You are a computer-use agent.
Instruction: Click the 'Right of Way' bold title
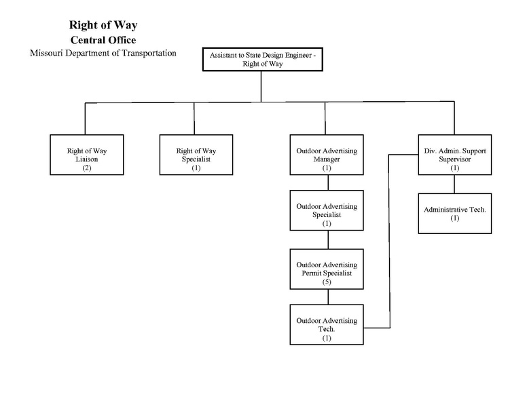tap(103, 25)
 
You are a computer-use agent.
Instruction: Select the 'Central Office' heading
tap(103, 40)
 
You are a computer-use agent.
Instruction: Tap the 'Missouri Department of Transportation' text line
tap(103, 53)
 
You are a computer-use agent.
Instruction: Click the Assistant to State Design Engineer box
tap(261, 59)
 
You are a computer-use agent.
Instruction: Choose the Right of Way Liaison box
tap(87, 155)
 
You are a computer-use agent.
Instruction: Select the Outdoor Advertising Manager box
tap(327, 155)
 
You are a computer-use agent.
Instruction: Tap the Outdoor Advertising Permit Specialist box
tap(327, 269)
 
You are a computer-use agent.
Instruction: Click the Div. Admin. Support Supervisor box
tap(454, 155)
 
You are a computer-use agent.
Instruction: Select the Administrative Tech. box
tap(454, 214)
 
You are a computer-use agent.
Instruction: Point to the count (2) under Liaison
tap(87, 167)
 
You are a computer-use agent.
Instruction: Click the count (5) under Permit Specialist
tap(327, 281)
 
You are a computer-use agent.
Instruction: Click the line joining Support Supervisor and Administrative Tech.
tap(454, 184)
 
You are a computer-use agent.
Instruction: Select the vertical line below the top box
tap(261, 87)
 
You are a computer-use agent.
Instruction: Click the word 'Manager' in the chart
tap(327, 159)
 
